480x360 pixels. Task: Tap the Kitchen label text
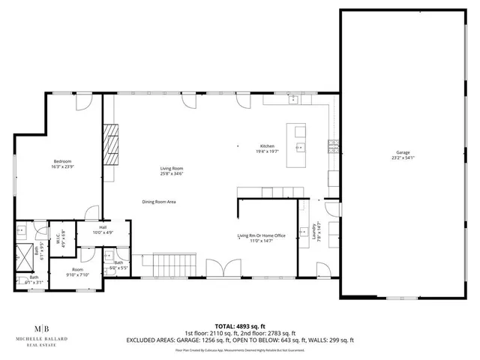click(x=267, y=148)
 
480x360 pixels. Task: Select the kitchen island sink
click(x=301, y=148)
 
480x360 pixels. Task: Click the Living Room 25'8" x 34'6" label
click(x=172, y=171)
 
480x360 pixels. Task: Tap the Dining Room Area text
click(x=160, y=201)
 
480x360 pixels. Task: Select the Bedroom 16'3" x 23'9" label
click(x=63, y=163)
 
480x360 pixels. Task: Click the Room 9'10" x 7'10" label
click(x=78, y=271)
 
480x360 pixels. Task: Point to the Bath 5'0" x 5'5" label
click(x=119, y=265)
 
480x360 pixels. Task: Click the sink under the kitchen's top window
click(x=295, y=100)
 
